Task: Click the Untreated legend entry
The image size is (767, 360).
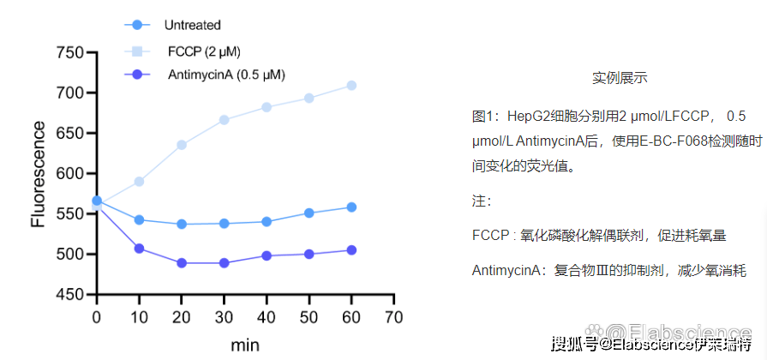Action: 193,26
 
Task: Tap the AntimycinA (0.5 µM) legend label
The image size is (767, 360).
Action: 226,75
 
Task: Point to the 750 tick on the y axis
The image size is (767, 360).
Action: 69,53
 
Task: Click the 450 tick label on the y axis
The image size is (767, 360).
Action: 69,295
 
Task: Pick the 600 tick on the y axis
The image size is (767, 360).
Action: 69,174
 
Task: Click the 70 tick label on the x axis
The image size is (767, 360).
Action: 393,316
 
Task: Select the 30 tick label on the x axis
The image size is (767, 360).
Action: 224,316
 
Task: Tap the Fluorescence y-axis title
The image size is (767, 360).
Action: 38,174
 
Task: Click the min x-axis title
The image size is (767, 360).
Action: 244,345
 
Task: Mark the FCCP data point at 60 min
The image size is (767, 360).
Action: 351,86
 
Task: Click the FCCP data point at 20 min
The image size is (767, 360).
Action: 182,145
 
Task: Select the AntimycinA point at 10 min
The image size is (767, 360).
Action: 139,249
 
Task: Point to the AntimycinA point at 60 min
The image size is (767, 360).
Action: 351,250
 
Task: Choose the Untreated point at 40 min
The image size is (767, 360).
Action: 267,222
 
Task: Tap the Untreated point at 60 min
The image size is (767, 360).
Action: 351,207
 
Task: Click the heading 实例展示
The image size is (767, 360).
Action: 620,78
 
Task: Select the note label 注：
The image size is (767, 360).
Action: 482,201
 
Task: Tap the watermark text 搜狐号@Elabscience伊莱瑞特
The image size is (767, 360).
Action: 651,345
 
